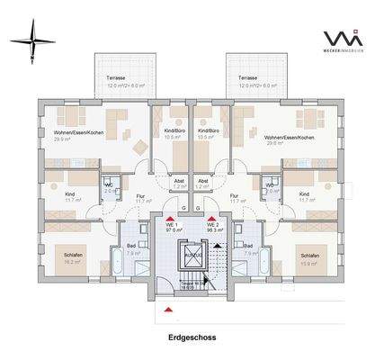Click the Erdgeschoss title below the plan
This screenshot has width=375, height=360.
click(187, 338)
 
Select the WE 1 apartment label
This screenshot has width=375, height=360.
click(169, 225)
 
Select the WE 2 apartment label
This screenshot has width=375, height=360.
click(212, 225)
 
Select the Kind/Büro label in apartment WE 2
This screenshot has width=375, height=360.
click(209, 131)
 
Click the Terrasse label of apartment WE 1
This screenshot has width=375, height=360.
click(116, 78)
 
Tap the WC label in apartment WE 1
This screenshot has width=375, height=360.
click(109, 186)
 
